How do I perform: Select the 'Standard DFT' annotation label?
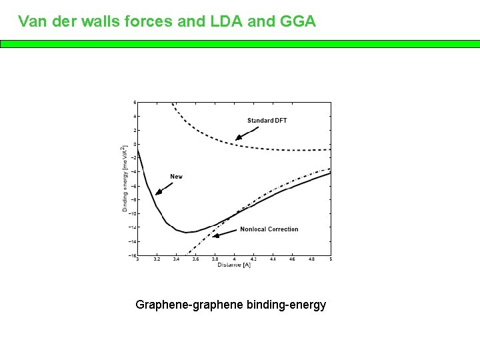pyautogui.click(x=267, y=121)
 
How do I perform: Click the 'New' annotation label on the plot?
pyautogui.click(x=176, y=177)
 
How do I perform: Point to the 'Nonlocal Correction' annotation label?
pyautogui.click(x=269, y=229)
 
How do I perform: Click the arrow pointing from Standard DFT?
pyautogui.click(x=247, y=134)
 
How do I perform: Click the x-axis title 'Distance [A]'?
pyautogui.click(x=233, y=265)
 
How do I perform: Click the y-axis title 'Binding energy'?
pyautogui.click(x=125, y=179)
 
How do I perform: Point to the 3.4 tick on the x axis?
pyautogui.click(x=176, y=259)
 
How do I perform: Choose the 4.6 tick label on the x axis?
pyautogui.click(x=292, y=259)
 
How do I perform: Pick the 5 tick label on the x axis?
pyautogui.click(x=331, y=259)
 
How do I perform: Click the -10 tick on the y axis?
pyautogui.click(x=133, y=213)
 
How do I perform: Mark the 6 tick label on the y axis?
pyautogui.click(x=135, y=102)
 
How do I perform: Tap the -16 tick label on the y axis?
pyautogui.click(x=133, y=255)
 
